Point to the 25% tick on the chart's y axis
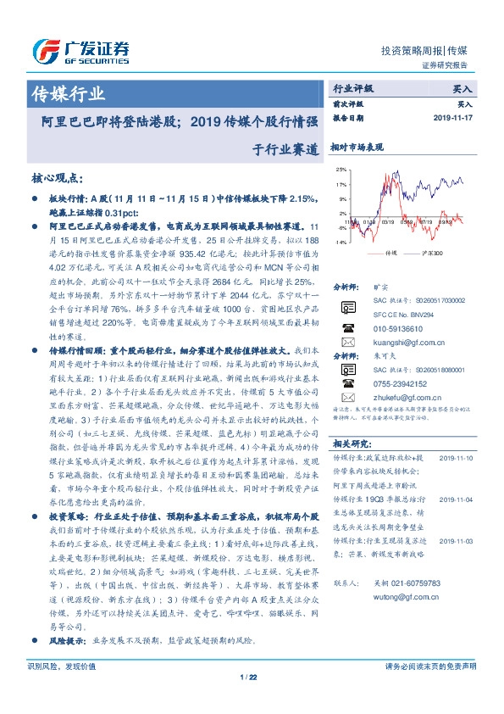(x=340, y=170)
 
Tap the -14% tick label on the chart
(x=339, y=243)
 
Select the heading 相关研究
(x=348, y=442)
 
